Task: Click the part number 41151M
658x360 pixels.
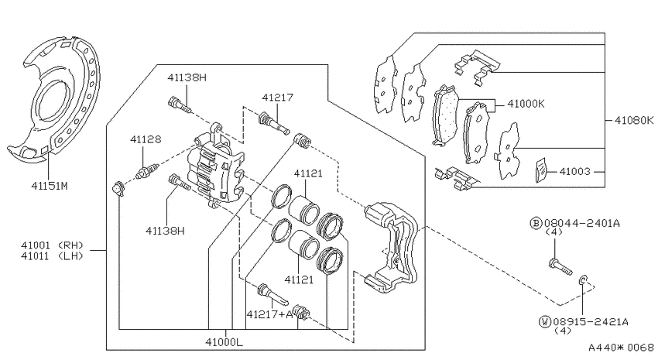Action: click(x=50, y=186)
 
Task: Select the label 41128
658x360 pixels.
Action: click(x=146, y=139)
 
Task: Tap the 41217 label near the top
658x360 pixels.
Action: click(x=277, y=98)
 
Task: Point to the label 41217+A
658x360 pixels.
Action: click(x=269, y=314)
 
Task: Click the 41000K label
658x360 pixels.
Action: click(x=526, y=104)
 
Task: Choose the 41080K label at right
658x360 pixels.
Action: click(x=634, y=121)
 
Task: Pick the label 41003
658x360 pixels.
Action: click(x=575, y=171)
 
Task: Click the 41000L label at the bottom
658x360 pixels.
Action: click(x=224, y=342)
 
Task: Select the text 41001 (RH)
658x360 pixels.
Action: click(x=52, y=245)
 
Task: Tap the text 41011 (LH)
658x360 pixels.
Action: click(x=52, y=256)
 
